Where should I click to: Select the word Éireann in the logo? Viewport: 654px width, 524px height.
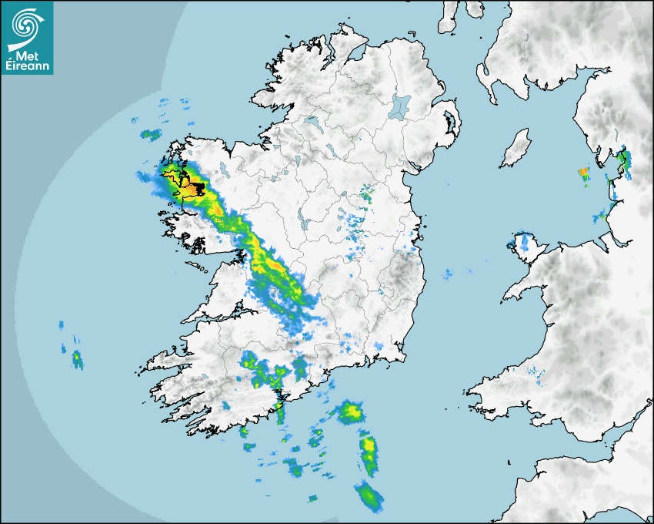coord(27,66)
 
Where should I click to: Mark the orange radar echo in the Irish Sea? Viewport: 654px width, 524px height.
coord(583,171)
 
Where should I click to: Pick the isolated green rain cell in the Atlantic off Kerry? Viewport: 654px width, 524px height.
coord(77,358)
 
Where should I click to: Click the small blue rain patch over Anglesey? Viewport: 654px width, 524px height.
coord(524,241)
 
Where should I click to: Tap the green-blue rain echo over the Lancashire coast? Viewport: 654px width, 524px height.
coord(625,162)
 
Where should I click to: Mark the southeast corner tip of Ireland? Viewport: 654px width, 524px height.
coord(402,356)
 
